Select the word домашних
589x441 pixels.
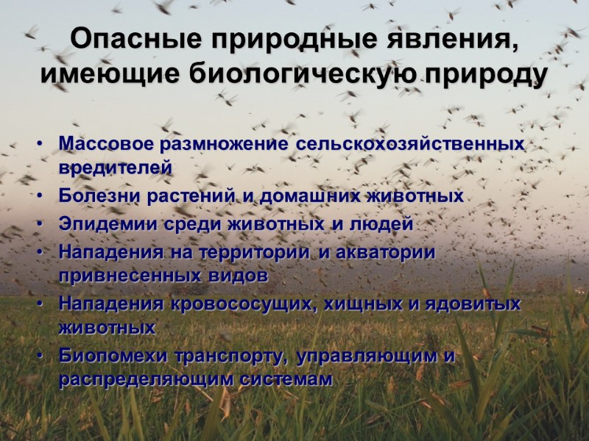[311, 196]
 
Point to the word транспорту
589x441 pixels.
[228, 356]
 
